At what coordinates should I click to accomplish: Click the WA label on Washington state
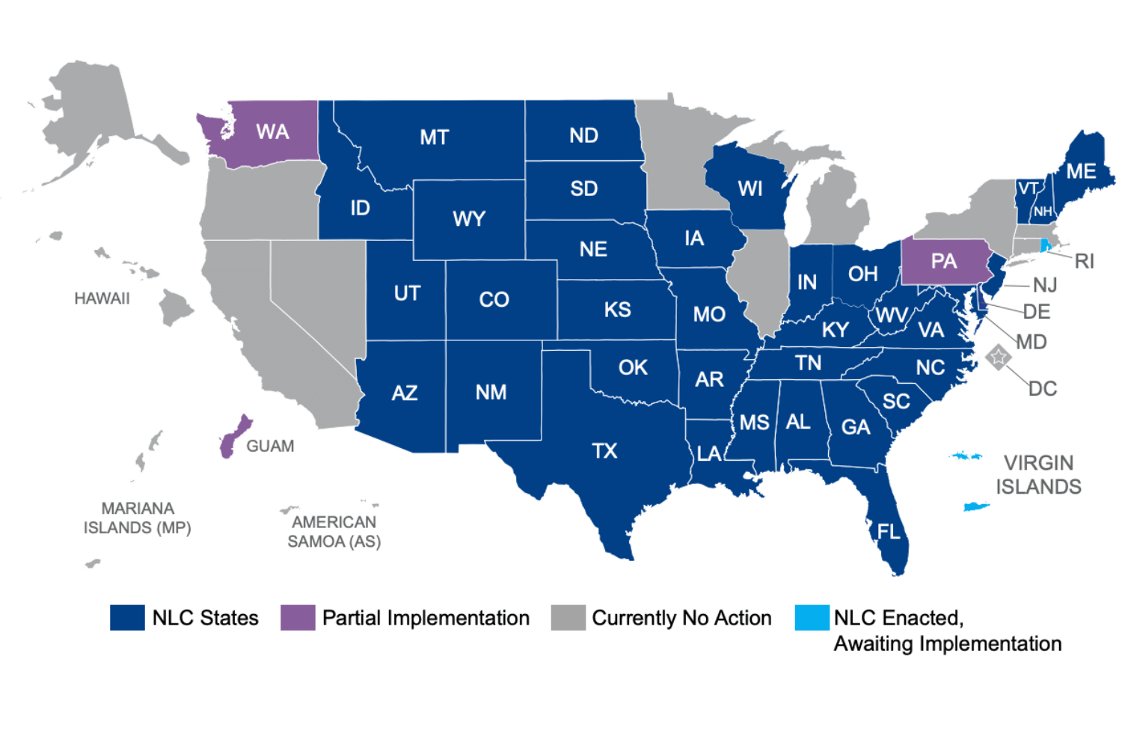coord(272,132)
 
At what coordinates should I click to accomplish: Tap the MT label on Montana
coord(434,138)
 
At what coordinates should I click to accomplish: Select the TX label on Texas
coord(604,451)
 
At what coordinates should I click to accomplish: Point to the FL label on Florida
coord(889,532)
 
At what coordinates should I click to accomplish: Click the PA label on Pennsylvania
coord(943,261)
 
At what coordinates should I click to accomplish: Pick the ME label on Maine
coord(1081,171)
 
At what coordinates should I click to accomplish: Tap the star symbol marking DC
coord(998,357)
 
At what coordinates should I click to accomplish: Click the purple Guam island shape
coord(234,436)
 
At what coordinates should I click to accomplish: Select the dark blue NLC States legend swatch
coord(127,618)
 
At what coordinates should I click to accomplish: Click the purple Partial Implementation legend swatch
coord(298,618)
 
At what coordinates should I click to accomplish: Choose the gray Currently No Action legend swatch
coord(568,618)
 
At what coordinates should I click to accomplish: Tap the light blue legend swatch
coord(812,618)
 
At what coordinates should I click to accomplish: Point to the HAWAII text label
coord(102,298)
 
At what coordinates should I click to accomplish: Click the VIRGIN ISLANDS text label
coord(1038,475)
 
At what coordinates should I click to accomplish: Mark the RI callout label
coord(1084,261)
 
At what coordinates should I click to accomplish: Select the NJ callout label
coord(1044,285)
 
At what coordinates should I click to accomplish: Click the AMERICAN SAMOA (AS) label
coord(334,532)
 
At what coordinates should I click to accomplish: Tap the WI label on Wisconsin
coord(750,188)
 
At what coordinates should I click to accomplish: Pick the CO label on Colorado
coord(494,300)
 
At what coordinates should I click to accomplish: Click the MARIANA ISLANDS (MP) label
coord(138,518)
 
